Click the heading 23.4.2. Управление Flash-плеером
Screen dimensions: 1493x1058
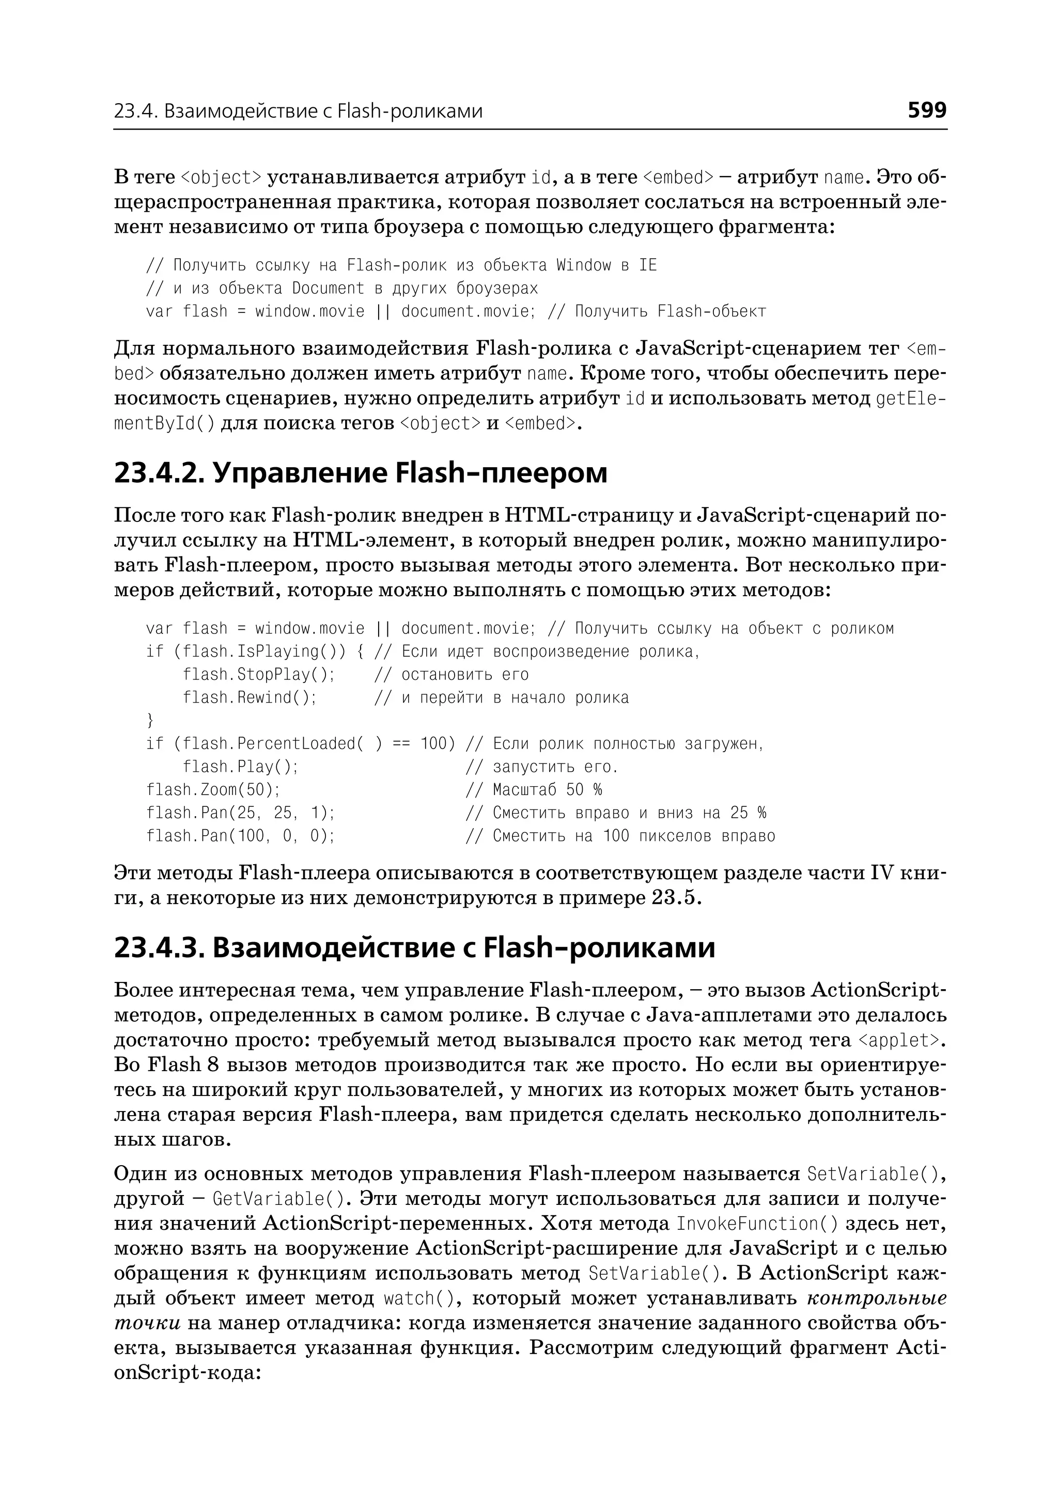click(x=360, y=473)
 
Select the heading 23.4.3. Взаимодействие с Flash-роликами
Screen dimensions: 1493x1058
click(x=414, y=948)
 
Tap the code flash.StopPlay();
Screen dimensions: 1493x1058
click(x=259, y=675)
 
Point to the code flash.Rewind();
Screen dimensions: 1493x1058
click(x=250, y=698)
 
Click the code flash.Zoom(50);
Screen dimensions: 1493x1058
click(x=213, y=790)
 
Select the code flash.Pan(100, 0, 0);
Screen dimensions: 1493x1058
click(x=240, y=836)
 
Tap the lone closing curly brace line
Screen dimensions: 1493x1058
click(x=150, y=721)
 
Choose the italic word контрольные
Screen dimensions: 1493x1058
click(x=876, y=1299)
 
